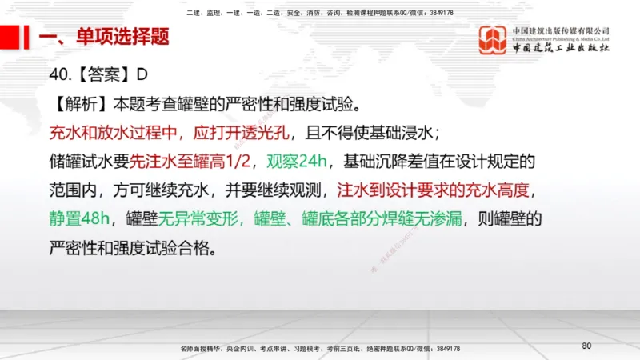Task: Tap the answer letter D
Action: coord(142,75)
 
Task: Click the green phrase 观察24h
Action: coord(294,162)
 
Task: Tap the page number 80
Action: coord(586,346)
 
